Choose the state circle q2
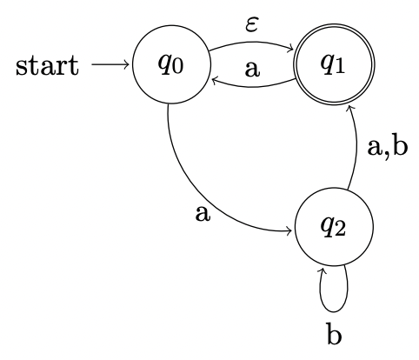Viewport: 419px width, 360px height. (335, 230)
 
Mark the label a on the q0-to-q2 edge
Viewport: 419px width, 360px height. (203, 213)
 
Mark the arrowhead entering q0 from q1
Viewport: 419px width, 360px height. (208, 77)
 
